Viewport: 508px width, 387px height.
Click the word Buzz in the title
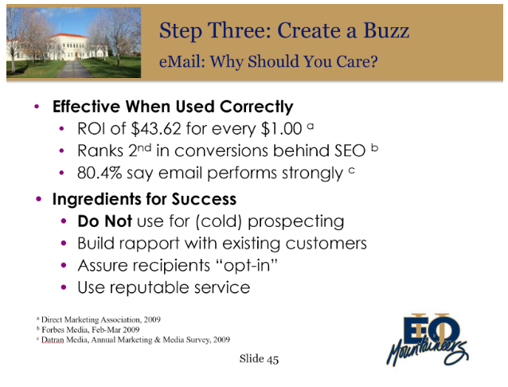coord(386,31)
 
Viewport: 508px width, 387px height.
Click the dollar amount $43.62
coord(156,129)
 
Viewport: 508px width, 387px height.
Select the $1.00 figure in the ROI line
coord(282,129)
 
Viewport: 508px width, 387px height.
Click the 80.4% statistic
coord(100,173)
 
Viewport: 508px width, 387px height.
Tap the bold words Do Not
coord(104,221)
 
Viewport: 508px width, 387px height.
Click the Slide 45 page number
coord(259,359)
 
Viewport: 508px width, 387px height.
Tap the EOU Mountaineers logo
coord(428,339)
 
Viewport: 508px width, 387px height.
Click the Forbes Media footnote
coord(88,330)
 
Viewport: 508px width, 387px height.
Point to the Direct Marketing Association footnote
coord(99,319)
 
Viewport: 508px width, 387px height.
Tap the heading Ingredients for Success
coord(144,199)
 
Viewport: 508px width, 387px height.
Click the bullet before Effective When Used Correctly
coord(37,107)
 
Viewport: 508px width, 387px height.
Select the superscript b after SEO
coord(374,148)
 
